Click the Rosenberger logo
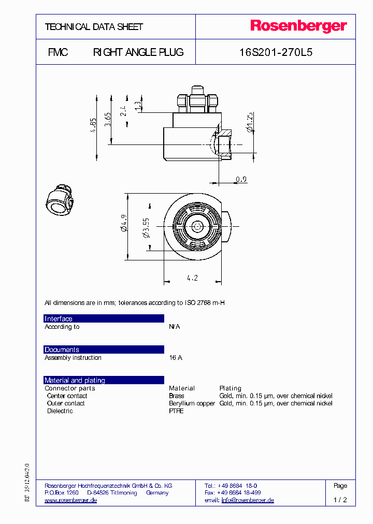point(298,26)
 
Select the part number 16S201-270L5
point(276,52)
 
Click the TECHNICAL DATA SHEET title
point(94,27)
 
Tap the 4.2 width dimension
point(192,278)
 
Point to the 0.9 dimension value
point(241,180)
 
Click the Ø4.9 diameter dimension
point(123,226)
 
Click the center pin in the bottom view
point(197,226)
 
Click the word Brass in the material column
point(177,396)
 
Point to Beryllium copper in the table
point(192,403)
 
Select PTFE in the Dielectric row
point(176,411)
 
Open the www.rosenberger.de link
point(71,500)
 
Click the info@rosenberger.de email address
point(248,500)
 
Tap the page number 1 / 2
point(340,500)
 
